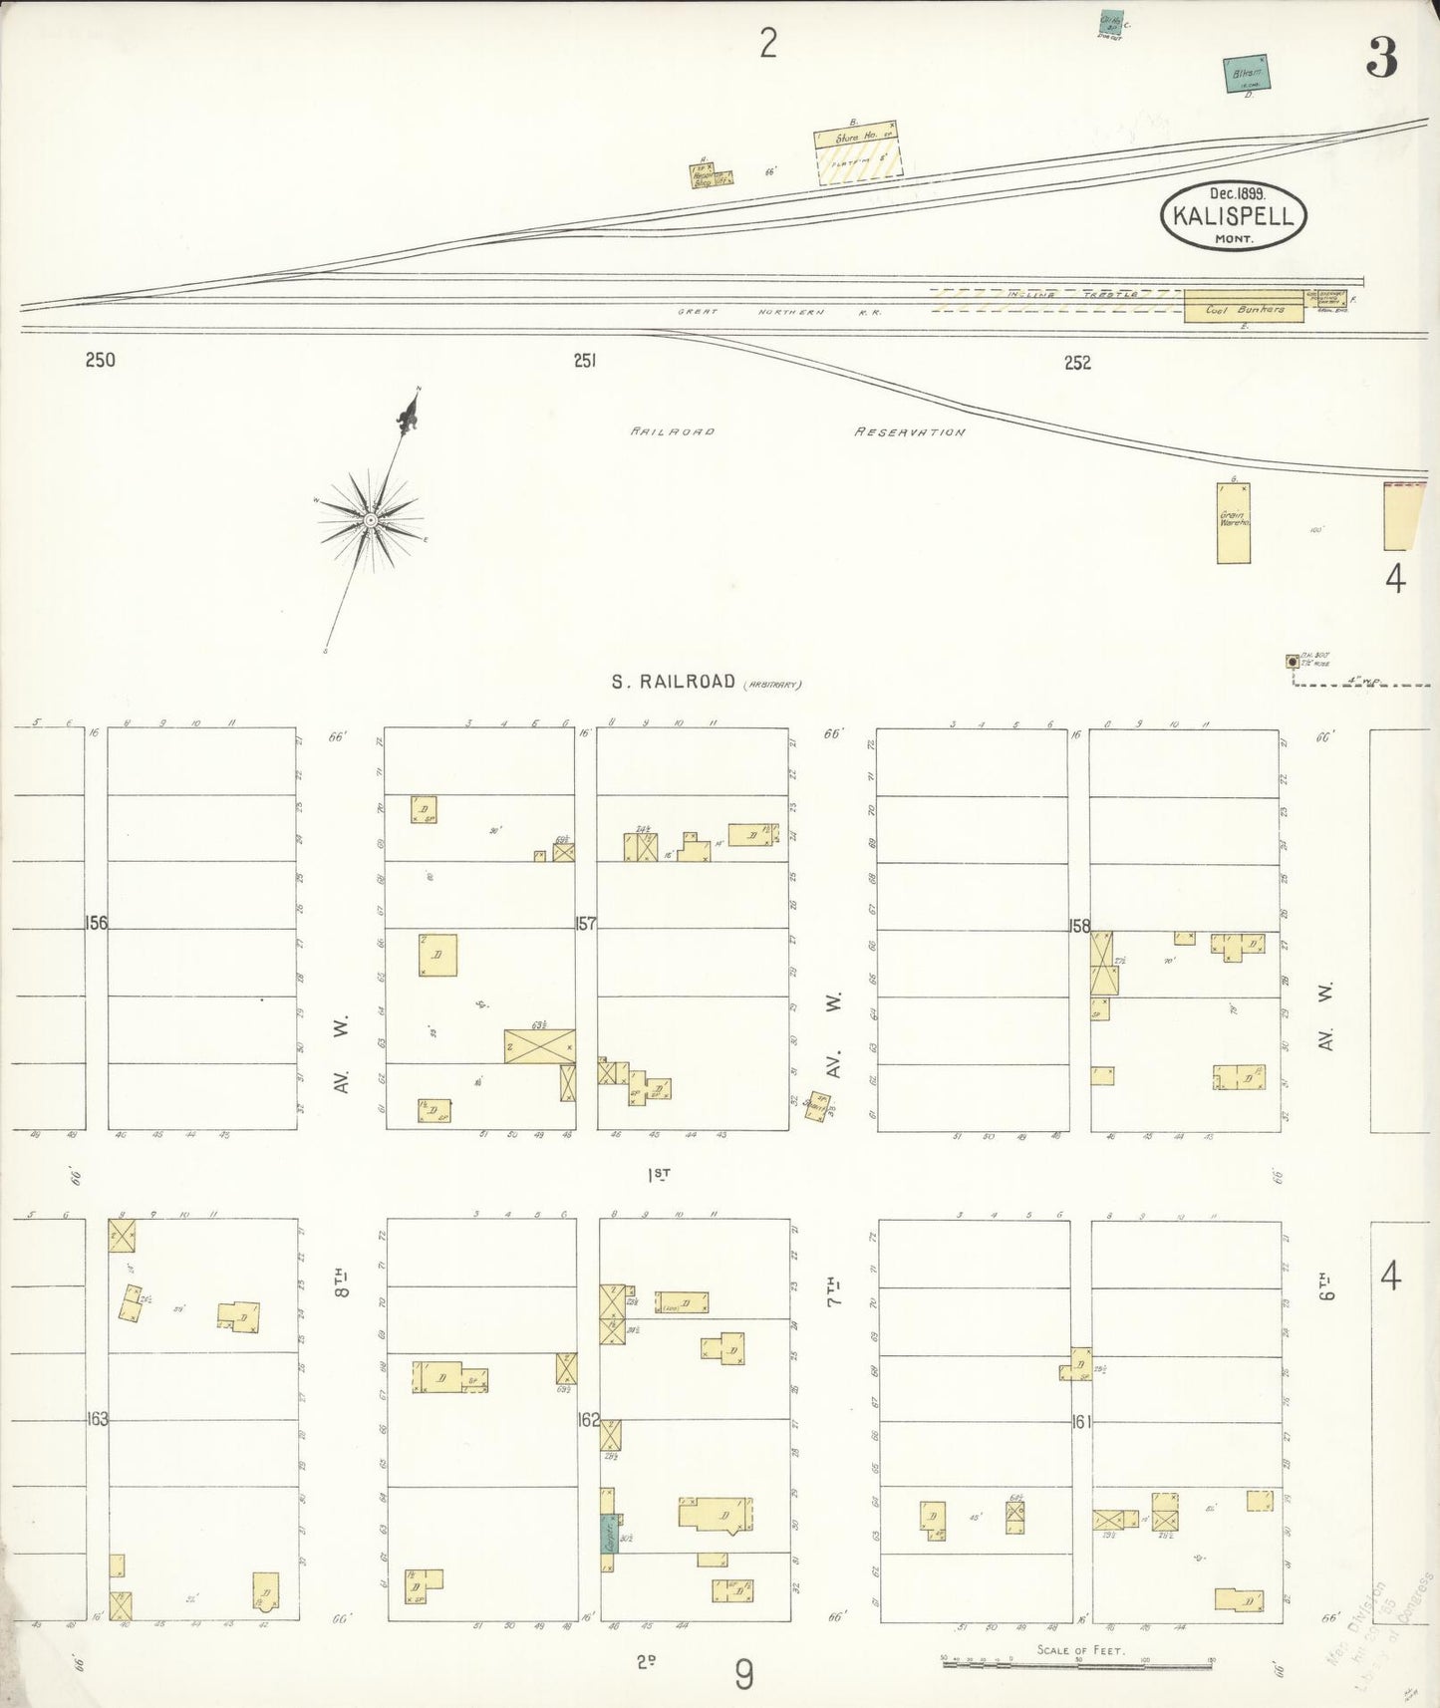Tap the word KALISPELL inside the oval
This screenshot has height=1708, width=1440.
pos(1233,216)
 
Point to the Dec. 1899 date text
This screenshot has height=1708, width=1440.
pos(1237,194)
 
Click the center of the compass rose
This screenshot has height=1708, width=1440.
pos(371,520)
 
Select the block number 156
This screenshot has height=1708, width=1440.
pos(96,923)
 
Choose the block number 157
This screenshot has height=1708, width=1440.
pos(585,923)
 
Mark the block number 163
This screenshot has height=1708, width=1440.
pos(97,1418)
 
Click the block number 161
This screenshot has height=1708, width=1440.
pos(1081,1421)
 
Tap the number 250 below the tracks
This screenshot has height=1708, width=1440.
pos(100,360)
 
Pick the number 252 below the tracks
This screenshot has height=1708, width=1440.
pos(1076,363)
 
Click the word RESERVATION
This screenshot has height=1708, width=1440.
pos(909,432)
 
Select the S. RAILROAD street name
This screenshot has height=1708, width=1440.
pos(673,682)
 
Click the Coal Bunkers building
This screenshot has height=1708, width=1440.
pos(1242,309)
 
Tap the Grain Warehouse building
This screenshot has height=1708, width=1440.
pos(1233,523)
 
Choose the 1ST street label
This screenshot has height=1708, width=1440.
pos(659,1174)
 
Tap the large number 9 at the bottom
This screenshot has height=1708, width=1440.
pos(743,1674)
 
